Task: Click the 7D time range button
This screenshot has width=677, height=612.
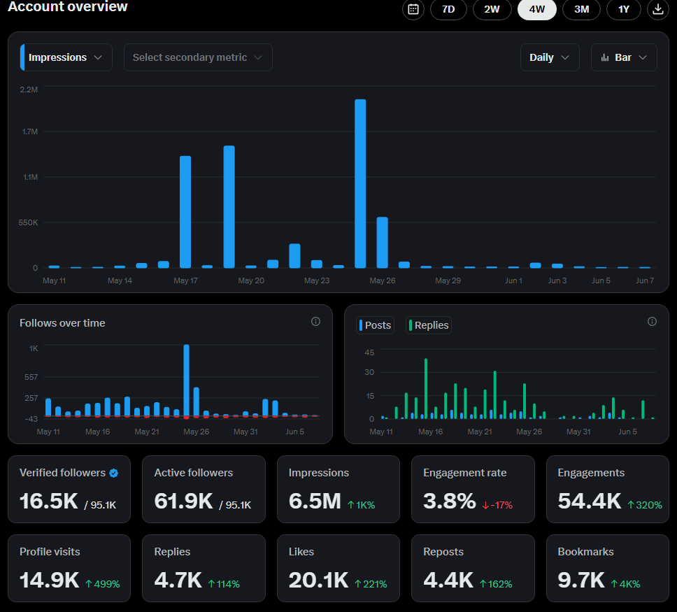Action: coord(448,9)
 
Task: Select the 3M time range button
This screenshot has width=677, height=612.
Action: coord(581,9)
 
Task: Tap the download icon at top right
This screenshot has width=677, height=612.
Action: coord(657,9)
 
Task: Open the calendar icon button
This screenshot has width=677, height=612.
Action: coord(413,9)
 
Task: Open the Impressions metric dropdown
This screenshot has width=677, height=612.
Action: coord(66,57)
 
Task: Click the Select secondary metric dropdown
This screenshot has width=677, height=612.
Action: coord(198,57)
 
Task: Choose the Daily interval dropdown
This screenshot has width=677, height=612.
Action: coord(550,57)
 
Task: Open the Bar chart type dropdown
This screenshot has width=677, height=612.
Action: coord(624,57)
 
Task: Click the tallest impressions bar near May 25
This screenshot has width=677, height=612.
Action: coord(360,183)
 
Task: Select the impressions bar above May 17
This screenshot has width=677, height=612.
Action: coord(185,212)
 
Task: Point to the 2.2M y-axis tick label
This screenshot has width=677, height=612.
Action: coord(29,90)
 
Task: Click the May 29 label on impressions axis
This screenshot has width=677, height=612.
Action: coord(448,280)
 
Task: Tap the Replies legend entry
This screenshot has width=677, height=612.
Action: coord(428,325)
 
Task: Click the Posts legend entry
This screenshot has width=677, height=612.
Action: coord(375,325)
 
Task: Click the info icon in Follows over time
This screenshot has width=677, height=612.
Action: coord(315,321)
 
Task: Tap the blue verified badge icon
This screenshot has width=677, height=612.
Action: coord(113,473)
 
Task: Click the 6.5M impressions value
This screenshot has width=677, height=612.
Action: coord(315,501)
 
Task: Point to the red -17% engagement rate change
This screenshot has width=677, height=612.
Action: coord(497,505)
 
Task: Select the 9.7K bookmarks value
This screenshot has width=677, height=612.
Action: coord(581,580)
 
